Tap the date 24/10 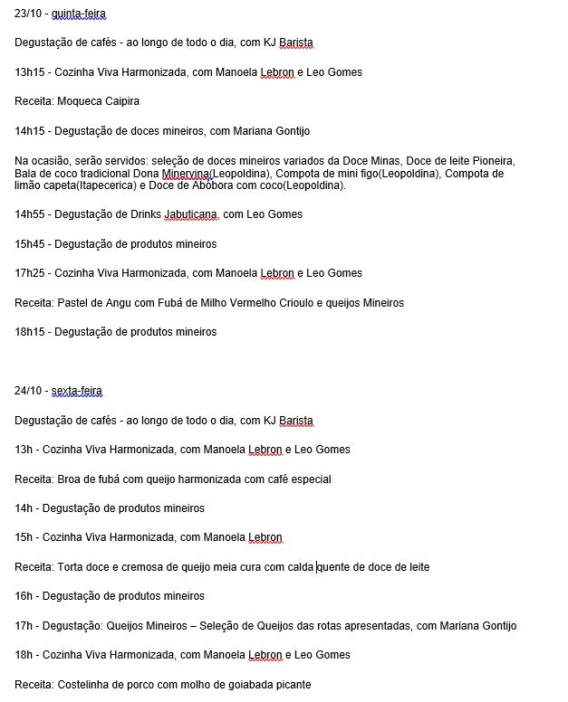[x=28, y=391]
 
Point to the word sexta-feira [x=77, y=391]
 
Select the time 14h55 [x=29, y=214]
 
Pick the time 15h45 [x=29, y=244]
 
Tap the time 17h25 [x=29, y=273]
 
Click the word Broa [x=69, y=479]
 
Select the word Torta [x=71, y=567]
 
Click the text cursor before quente [x=316, y=567]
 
